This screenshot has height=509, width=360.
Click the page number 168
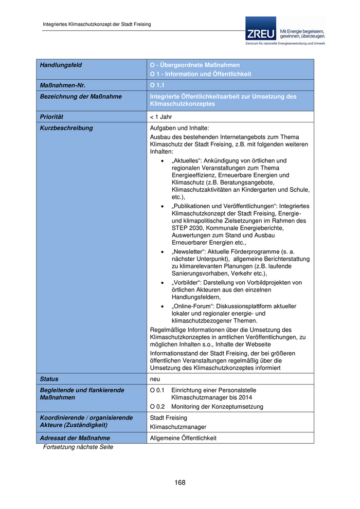(x=179, y=482)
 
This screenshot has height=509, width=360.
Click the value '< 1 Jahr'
(x=161, y=117)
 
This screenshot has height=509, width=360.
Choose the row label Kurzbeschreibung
(x=66, y=128)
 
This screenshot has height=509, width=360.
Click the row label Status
(x=49, y=379)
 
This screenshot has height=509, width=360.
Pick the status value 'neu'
(x=155, y=379)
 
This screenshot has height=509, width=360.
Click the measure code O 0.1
(x=157, y=390)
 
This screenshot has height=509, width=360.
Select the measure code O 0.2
(x=157, y=407)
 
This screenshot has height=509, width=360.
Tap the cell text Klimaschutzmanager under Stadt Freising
(x=178, y=427)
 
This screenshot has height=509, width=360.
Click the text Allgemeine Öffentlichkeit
(x=183, y=438)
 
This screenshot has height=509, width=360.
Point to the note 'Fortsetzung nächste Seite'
(x=78, y=447)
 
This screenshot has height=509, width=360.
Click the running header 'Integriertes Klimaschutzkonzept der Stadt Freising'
(x=97, y=24)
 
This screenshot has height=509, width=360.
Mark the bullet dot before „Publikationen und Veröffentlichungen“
(x=162, y=206)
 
